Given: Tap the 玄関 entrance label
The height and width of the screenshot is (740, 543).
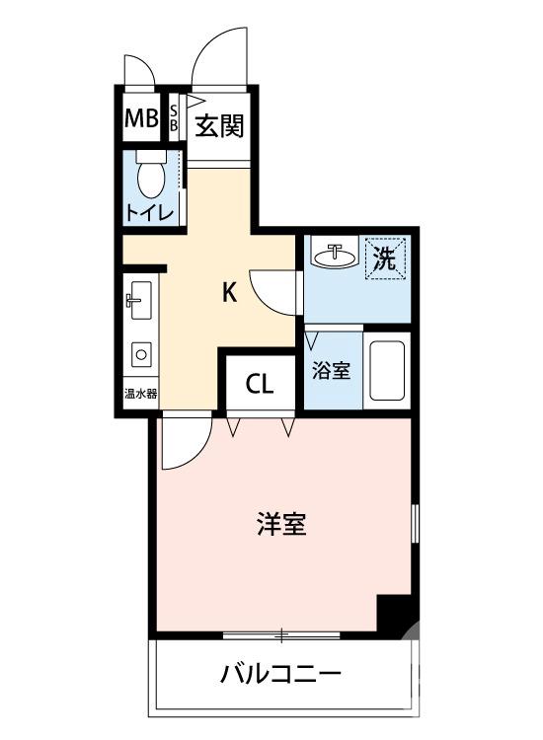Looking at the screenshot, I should [x=218, y=126].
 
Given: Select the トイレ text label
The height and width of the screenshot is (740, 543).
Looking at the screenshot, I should [x=149, y=211].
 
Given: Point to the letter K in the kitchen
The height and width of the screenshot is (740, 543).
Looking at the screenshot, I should [x=228, y=292].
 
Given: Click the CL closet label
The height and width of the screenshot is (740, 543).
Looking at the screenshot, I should [x=260, y=385].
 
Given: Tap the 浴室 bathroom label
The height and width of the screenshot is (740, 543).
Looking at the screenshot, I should [x=331, y=371].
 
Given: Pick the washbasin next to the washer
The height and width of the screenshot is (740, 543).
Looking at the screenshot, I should [x=334, y=258].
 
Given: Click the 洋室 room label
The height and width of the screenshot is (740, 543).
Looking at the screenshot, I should [x=281, y=524].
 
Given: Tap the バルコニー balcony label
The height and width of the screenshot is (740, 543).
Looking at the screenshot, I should [x=281, y=676].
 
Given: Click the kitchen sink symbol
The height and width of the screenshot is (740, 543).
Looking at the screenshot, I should [x=138, y=301].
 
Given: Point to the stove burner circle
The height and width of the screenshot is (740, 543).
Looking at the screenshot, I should [x=140, y=355].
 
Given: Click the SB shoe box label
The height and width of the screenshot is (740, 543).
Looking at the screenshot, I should [x=175, y=118].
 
